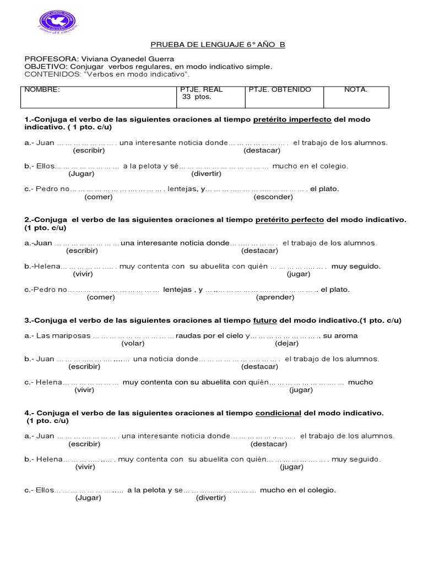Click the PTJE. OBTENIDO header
(x=280, y=89)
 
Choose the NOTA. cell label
(x=356, y=89)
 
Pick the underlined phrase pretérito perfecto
(x=290, y=220)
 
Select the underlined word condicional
(x=278, y=413)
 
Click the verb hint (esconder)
(x=273, y=197)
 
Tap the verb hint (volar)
(x=133, y=343)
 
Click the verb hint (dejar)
(x=286, y=343)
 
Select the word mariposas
(x=73, y=335)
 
